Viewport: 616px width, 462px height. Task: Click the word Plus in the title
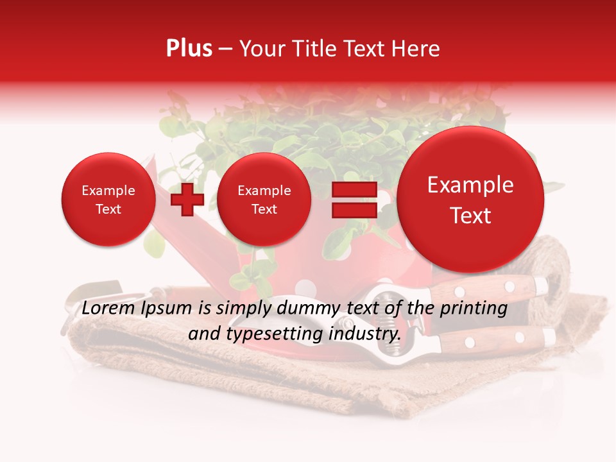click(x=189, y=49)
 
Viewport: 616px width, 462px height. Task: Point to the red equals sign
click(x=354, y=200)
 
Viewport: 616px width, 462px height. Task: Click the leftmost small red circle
click(x=108, y=200)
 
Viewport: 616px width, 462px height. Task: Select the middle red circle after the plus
click(x=264, y=200)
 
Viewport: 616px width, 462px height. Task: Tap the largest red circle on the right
click(x=470, y=200)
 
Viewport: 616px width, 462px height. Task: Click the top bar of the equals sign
click(x=354, y=189)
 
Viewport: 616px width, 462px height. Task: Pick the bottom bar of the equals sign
click(x=354, y=210)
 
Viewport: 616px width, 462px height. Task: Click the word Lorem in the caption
click(x=105, y=308)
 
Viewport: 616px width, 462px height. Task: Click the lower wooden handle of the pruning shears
click(x=494, y=338)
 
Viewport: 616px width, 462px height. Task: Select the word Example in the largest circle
click(x=470, y=185)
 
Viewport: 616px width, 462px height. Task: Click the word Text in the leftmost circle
click(x=108, y=209)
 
